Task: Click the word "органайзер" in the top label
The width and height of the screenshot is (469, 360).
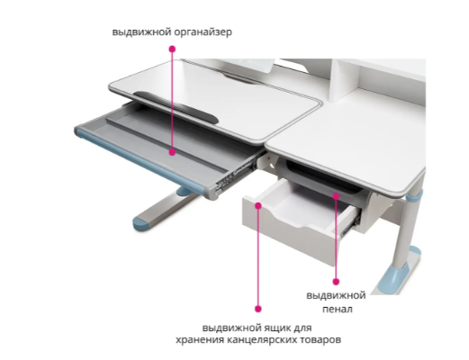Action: click(203, 31)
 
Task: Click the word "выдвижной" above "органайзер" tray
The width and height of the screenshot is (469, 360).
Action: click(141, 31)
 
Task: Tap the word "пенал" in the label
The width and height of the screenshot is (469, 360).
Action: click(338, 309)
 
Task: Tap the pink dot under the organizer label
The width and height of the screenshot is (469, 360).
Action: click(172, 49)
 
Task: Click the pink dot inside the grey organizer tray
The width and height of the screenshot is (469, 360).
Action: click(172, 152)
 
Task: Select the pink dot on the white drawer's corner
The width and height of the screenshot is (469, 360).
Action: click(258, 205)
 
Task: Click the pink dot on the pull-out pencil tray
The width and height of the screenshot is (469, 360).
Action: click(336, 196)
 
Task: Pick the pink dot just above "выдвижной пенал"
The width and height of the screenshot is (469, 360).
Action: click(336, 282)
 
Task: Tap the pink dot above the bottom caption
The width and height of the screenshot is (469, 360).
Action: click(258, 309)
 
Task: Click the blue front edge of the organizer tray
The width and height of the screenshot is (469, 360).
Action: click(142, 161)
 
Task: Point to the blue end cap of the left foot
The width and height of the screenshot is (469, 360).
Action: click(141, 223)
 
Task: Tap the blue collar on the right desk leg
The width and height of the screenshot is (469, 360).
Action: click(415, 196)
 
